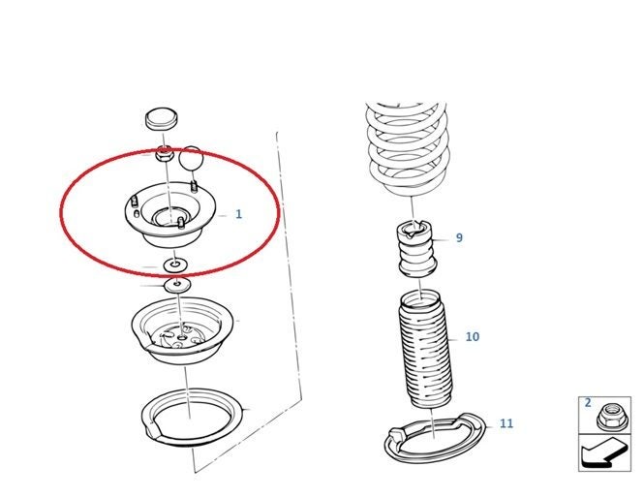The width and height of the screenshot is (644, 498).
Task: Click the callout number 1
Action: pyautogui.click(x=238, y=214)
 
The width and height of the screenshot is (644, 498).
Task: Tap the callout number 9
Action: pyautogui.click(x=459, y=238)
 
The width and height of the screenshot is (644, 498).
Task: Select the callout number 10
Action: pyautogui.click(x=473, y=337)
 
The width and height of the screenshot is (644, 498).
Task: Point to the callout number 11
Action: pyautogui.click(x=506, y=423)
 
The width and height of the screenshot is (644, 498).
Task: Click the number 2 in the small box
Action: pyautogui.click(x=588, y=403)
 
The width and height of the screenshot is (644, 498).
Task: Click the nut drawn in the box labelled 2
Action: pyautogui.click(x=612, y=417)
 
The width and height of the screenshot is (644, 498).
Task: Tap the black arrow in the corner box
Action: pyautogui.click(x=604, y=453)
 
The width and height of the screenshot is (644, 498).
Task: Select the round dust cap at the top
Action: pyautogui.click(x=162, y=119)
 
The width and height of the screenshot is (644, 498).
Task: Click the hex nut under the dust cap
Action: pyautogui.click(x=163, y=154)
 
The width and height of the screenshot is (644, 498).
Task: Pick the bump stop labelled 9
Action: pyautogui.click(x=416, y=249)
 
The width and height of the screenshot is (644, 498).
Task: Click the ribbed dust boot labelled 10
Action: pyautogui.click(x=426, y=349)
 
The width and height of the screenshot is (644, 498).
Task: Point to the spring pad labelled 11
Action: pyautogui.click(x=436, y=437)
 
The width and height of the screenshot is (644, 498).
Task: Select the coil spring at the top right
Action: pyautogui.click(x=409, y=149)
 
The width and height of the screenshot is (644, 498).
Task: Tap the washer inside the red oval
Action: pyautogui.click(x=175, y=265)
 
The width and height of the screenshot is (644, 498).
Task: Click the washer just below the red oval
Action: pyautogui.click(x=177, y=284)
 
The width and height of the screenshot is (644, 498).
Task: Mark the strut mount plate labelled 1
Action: pyautogui.click(x=170, y=214)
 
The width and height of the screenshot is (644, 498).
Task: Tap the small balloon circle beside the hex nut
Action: pyautogui.click(x=192, y=158)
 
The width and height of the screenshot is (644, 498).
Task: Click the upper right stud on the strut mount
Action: pyautogui.click(x=194, y=186)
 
